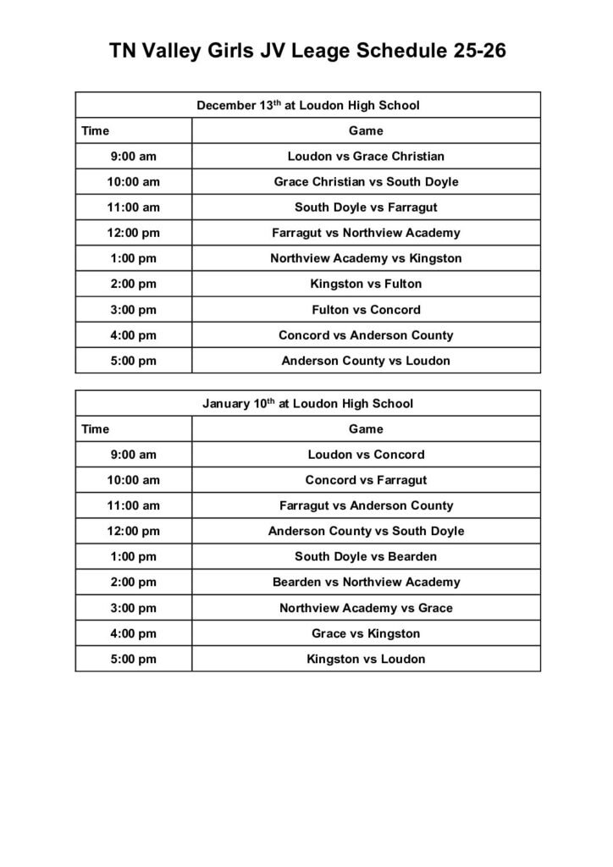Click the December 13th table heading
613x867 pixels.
pos(308,106)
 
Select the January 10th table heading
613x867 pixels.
pos(308,404)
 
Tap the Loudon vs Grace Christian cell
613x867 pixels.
pos(366,157)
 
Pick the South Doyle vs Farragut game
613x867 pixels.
pos(366,207)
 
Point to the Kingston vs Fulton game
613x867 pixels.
pos(366,284)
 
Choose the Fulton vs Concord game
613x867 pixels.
pos(366,309)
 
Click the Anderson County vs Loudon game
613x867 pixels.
pos(366,361)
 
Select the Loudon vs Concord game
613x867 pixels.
pos(366,455)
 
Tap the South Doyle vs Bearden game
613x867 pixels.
pos(366,557)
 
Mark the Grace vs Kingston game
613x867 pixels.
pos(366,633)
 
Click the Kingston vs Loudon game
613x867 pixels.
pos(366,659)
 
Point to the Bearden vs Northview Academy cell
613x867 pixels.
pos(366,583)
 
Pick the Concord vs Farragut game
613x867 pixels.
pos(366,480)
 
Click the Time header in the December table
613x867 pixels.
pos(96,131)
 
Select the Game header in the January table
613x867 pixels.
pos(366,429)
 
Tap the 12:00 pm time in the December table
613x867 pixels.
pos(134,233)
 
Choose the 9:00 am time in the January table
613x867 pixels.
pos(134,455)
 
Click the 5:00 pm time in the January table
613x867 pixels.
pos(134,659)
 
